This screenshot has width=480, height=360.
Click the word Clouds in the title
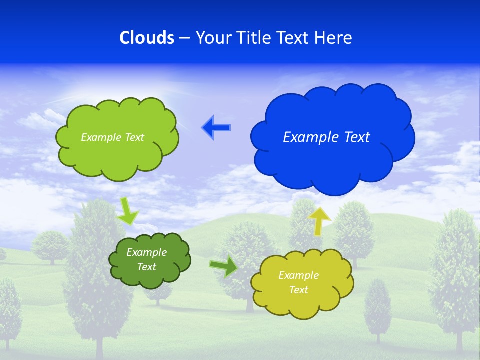coord(147,38)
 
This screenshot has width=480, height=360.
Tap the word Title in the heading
coord(254,38)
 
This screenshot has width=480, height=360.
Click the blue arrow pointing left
coord(216,128)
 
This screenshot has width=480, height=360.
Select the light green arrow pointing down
coord(128,211)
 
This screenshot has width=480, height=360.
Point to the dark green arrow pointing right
coord(223,266)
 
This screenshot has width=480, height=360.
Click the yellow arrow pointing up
coord(319,220)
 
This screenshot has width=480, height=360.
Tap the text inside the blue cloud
coord(326,137)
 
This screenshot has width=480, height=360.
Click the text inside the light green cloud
coord(112,137)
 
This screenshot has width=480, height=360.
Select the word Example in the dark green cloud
coord(146,252)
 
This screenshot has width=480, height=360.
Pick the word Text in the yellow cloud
coord(298,290)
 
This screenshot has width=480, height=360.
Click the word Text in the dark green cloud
coord(146,267)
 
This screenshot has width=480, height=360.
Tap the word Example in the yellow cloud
coord(298,275)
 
